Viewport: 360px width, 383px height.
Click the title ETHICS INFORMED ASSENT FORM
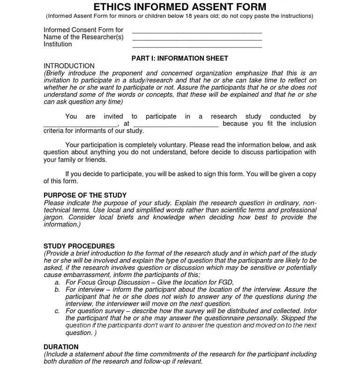tap(180, 7)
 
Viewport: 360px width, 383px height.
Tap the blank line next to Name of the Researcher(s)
tap(197, 39)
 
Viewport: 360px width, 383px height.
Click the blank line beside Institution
tap(197, 46)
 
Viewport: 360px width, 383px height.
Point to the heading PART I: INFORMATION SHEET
tap(180, 59)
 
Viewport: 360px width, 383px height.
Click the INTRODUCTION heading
tap(69, 66)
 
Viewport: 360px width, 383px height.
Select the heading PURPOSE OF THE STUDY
tap(85, 195)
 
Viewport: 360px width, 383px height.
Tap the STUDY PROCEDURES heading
tap(79, 246)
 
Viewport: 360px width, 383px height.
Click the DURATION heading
tap(61, 347)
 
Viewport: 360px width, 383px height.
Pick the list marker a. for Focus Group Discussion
tap(57, 283)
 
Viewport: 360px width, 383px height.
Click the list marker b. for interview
tap(57, 290)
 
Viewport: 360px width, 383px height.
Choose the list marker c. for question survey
tap(57, 311)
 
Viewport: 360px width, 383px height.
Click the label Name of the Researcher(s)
tap(83, 37)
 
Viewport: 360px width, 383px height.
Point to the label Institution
tap(58, 45)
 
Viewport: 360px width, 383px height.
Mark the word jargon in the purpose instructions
tap(53, 218)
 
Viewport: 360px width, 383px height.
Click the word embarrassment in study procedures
tap(84, 275)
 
